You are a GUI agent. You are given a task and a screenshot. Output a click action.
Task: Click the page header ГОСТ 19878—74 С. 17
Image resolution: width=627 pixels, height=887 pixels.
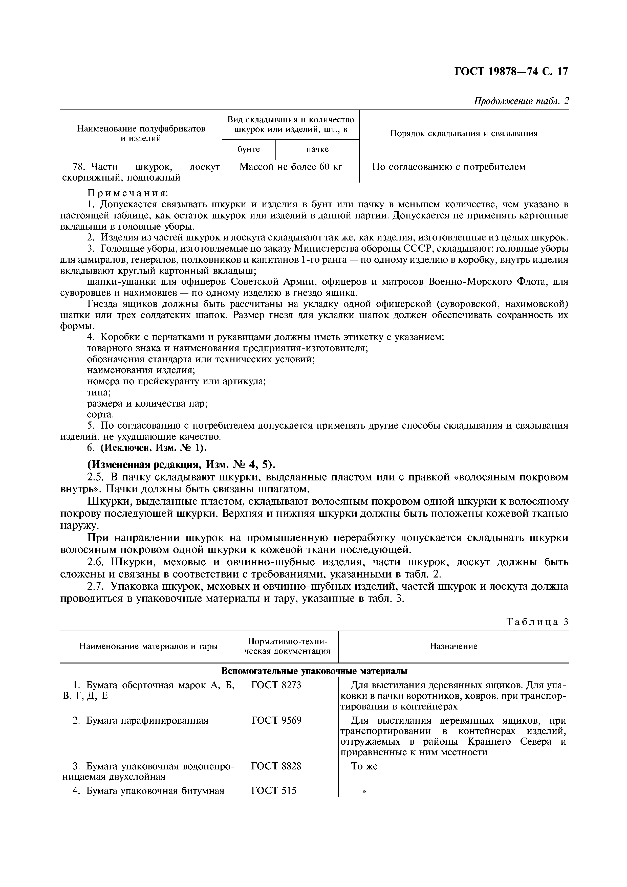510,72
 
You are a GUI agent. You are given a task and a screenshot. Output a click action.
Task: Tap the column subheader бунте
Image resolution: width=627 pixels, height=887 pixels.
248,149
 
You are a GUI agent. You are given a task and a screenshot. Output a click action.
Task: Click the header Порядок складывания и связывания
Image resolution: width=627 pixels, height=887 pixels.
464,134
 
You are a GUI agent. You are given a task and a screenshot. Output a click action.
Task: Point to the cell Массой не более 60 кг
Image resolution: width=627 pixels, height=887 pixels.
291,167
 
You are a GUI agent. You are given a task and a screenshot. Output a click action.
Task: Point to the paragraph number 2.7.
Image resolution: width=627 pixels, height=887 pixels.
95,586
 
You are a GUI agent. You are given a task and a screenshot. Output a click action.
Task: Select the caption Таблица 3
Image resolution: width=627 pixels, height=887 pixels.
537,622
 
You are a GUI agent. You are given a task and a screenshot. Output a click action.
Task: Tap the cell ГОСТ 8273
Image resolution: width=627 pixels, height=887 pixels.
276,685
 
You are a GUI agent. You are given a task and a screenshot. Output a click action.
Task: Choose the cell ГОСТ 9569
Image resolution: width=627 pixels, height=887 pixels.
276,720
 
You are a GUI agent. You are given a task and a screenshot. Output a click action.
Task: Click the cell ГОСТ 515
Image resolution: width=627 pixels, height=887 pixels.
273,791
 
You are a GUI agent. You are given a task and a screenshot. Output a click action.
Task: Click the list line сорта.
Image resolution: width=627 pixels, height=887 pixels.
100,414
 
